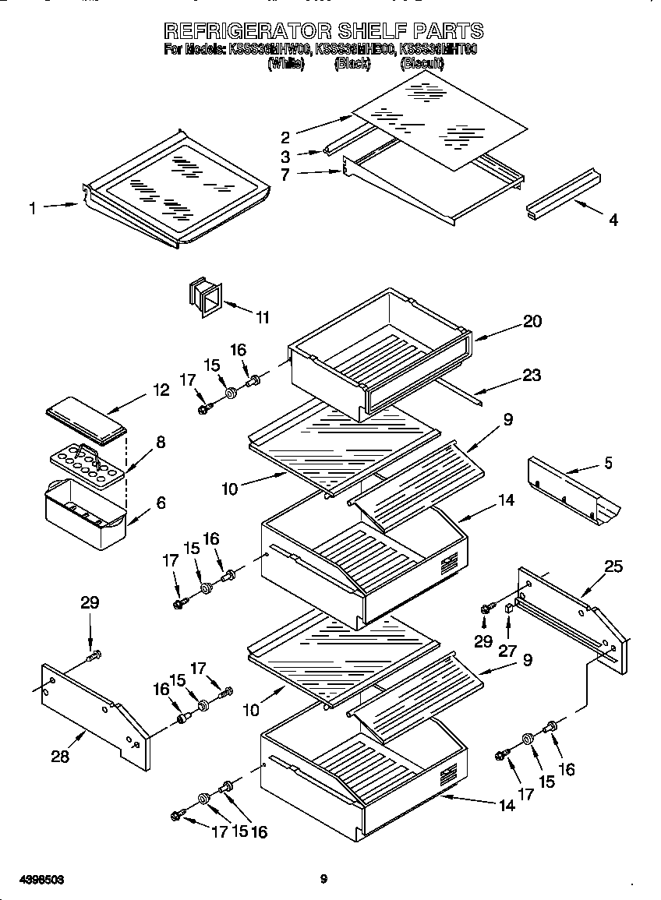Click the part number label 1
pyautogui.click(x=33, y=208)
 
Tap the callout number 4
pyautogui.click(x=613, y=221)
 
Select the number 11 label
pyautogui.click(x=263, y=317)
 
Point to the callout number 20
pyautogui.click(x=532, y=321)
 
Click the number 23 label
pyautogui.click(x=532, y=376)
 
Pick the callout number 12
pyautogui.click(x=161, y=390)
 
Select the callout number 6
pyautogui.click(x=161, y=503)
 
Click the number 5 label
pyautogui.click(x=607, y=464)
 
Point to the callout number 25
pyautogui.click(x=613, y=566)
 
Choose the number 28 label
pyautogui.click(x=60, y=756)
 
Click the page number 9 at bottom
pyautogui.click(x=323, y=880)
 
